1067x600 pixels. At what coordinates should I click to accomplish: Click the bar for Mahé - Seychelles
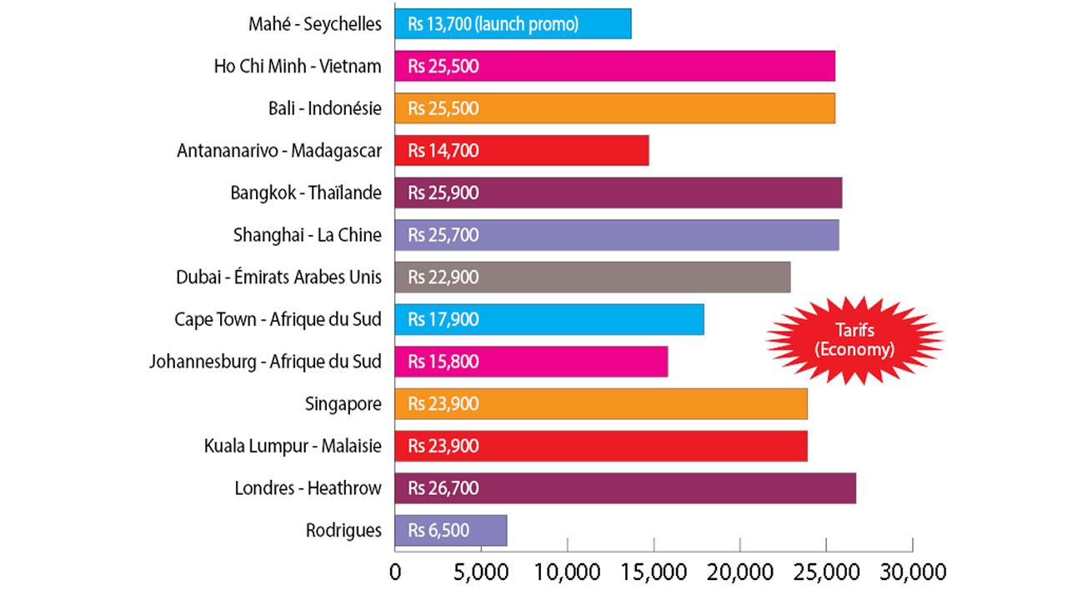coord(513,23)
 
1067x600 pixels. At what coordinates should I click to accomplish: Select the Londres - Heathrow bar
coord(625,487)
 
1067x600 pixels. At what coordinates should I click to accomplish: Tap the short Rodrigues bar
coord(450,530)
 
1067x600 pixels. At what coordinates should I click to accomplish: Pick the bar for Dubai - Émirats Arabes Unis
coord(592,277)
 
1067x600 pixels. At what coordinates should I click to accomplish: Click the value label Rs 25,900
coord(443,192)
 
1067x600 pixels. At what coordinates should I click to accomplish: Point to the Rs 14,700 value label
coord(443,151)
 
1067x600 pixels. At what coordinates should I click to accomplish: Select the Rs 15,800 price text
coord(443,362)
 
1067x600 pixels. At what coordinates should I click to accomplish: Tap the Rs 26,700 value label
coord(443,487)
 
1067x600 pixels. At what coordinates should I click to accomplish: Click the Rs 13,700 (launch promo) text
coord(493,24)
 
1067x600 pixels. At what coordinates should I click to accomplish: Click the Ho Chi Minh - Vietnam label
coord(298,67)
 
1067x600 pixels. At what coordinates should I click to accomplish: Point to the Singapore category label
coord(343,404)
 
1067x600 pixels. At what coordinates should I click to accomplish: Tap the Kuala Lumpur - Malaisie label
coord(293,446)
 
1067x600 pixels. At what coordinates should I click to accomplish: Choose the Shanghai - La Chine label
coord(308,235)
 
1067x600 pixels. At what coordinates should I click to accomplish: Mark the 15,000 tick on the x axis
coord(654,572)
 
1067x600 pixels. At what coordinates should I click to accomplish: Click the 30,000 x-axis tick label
coord(913,572)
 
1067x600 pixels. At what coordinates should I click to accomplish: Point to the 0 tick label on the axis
coord(395,572)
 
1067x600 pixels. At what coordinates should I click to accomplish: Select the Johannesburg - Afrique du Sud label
coord(265,362)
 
